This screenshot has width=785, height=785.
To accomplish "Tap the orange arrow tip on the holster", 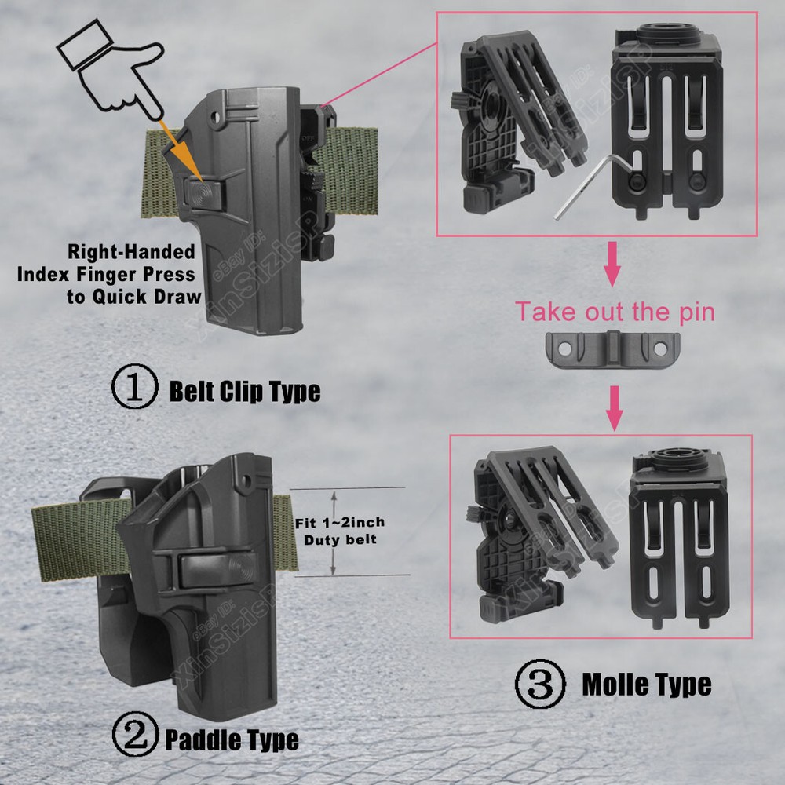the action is coord(202,181).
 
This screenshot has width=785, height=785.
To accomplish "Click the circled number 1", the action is coord(135,386).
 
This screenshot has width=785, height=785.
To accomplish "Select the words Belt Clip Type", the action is coord(245,391).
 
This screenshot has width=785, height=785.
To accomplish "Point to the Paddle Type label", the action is coord(232,739).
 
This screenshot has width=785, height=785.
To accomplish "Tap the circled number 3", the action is coord(540,684).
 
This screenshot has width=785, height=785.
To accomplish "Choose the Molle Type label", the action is coord(647,685).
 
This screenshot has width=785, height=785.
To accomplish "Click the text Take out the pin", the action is coord(615,312).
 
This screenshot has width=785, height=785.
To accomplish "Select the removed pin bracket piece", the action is coord(613,349).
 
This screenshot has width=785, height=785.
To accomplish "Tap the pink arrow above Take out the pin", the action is coord(612,264).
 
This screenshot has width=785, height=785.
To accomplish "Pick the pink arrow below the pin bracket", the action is coord(615,408).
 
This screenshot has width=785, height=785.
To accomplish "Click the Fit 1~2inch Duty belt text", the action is coord(340,531).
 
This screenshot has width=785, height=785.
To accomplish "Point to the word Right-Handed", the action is coord(131,251).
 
